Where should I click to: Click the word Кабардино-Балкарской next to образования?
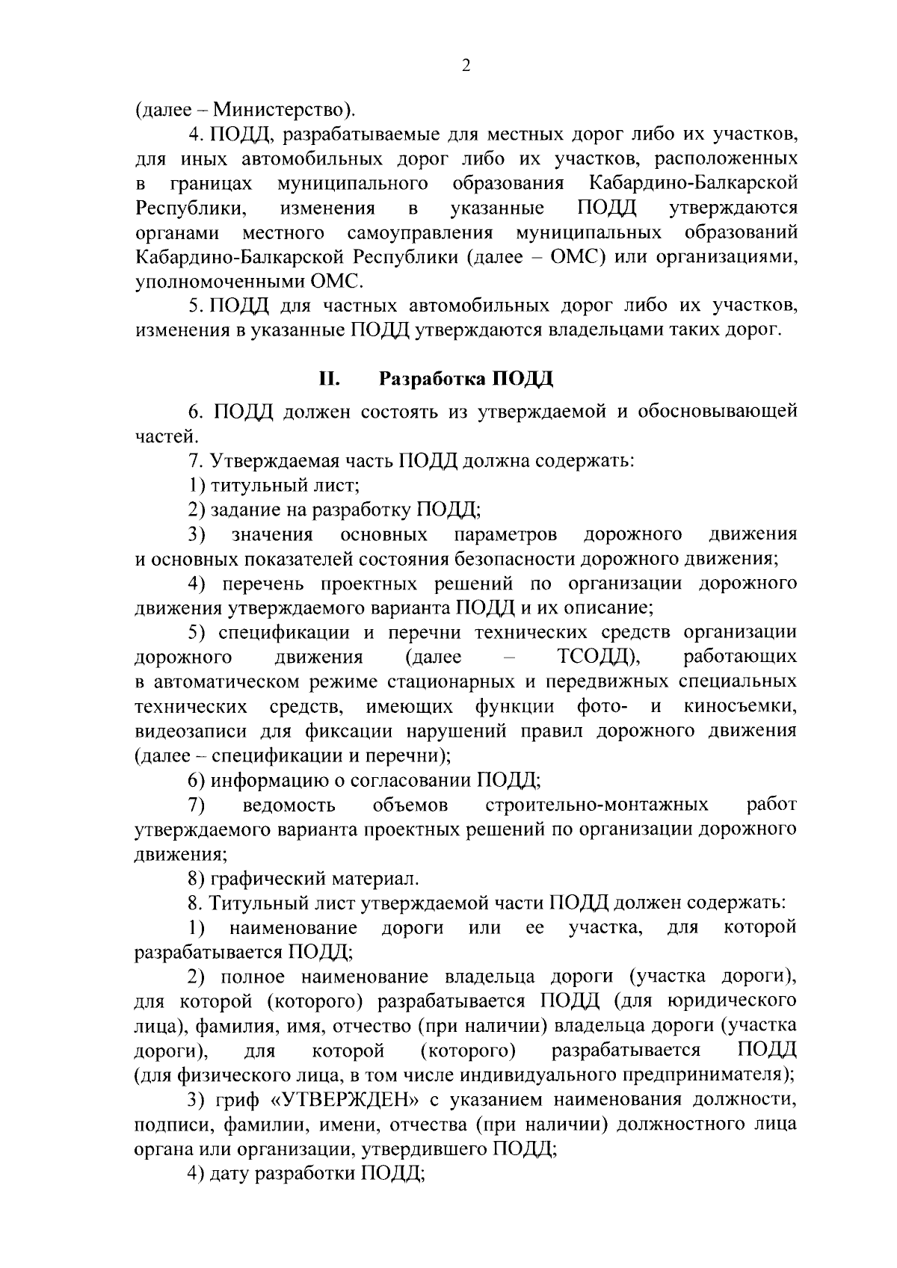(692, 183)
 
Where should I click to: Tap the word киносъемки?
(740, 706)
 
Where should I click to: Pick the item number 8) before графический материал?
(197, 878)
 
